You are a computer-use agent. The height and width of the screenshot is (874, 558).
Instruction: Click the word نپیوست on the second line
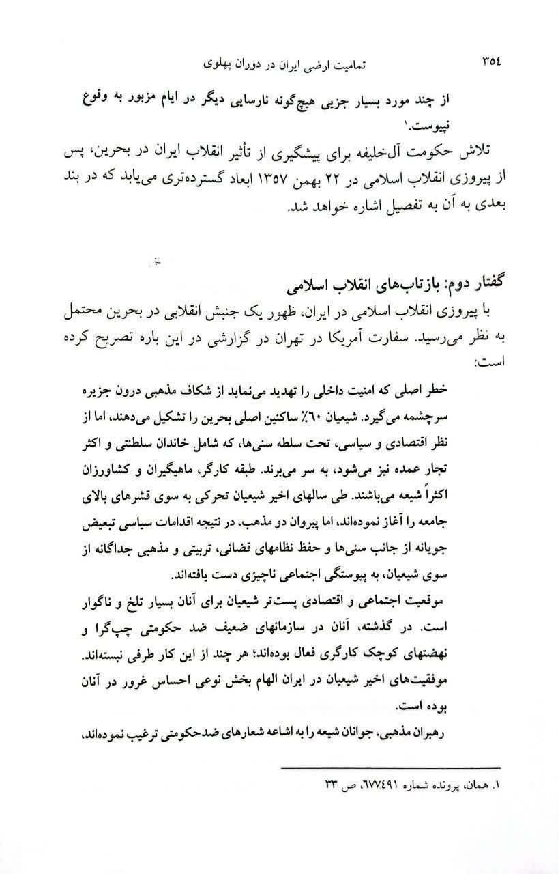point(493,126)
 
